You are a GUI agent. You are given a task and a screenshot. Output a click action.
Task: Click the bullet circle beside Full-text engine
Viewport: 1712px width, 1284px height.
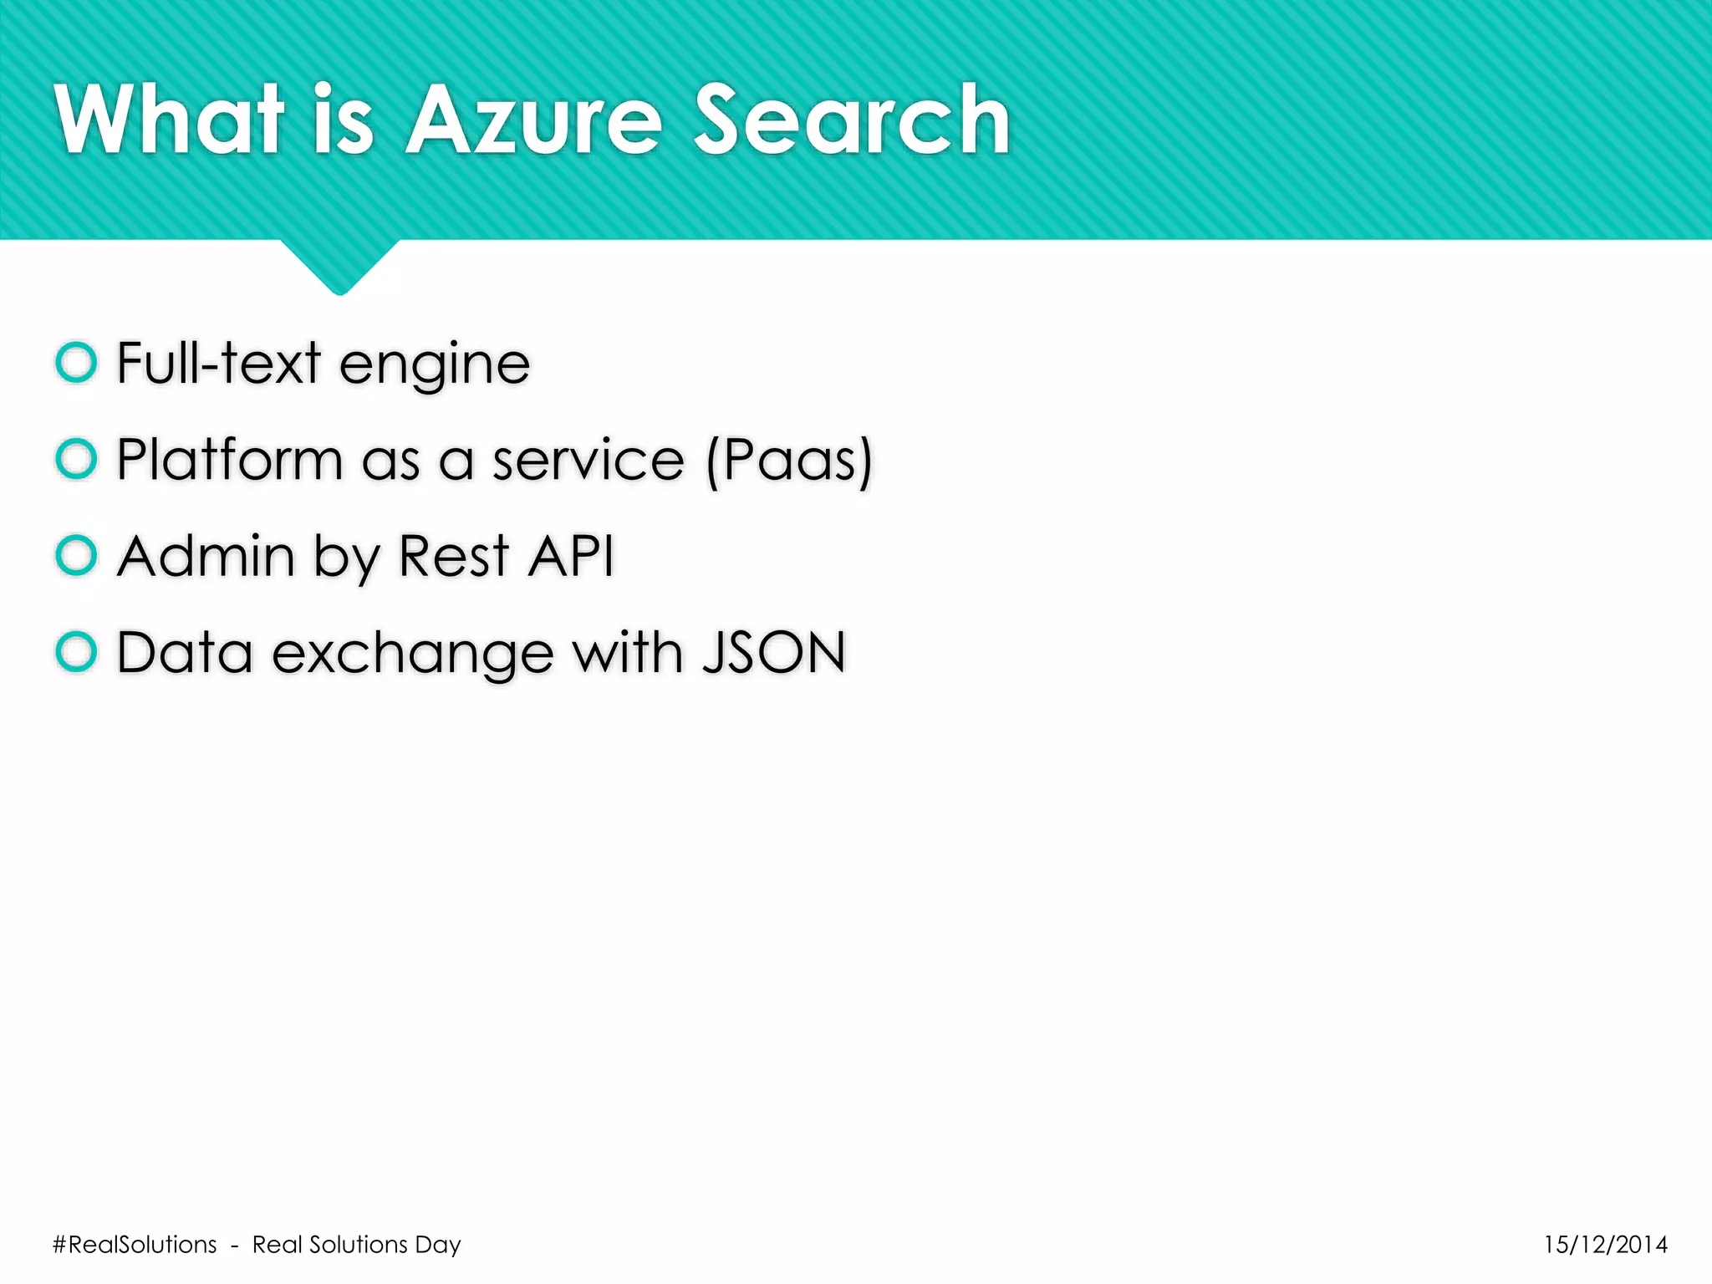point(76,363)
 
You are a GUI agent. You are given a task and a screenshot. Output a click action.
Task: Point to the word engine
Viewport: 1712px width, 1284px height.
point(435,364)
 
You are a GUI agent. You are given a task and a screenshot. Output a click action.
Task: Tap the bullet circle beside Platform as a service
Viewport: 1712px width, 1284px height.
point(76,459)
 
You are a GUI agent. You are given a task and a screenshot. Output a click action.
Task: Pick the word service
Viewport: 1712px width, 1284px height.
point(588,460)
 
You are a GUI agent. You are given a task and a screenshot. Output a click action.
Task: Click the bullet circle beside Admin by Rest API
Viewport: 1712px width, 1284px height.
point(76,555)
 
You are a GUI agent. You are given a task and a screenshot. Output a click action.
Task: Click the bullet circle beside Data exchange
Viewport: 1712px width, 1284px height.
point(76,651)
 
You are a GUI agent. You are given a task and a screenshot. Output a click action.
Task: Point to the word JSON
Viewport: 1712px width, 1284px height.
point(774,652)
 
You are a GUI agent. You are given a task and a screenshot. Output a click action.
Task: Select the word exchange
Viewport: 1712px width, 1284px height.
point(412,653)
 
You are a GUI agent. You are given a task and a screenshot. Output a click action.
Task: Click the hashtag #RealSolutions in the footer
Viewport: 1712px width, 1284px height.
point(135,1245)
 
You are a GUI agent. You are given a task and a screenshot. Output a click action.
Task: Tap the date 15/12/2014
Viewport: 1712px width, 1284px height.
point(1605,1245)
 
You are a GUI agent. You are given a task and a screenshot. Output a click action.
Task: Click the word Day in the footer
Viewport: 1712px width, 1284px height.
point(438,1245)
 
